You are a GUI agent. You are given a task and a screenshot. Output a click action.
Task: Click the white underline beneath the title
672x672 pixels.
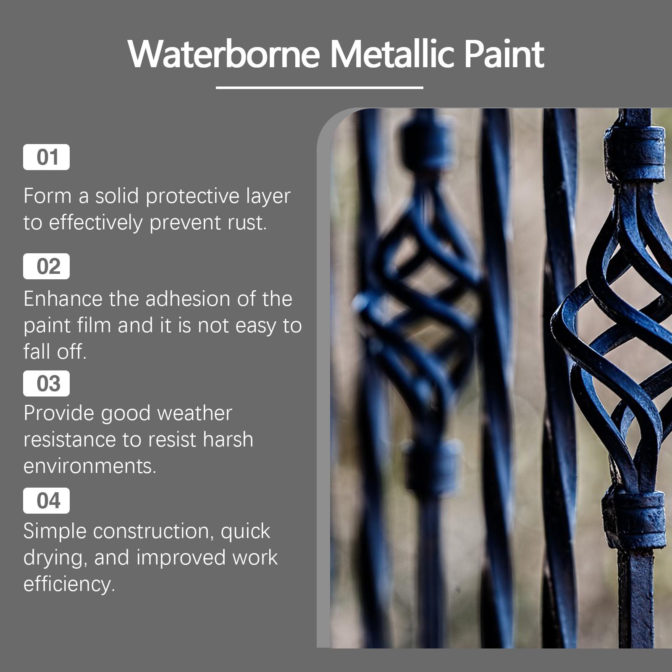(320, 88)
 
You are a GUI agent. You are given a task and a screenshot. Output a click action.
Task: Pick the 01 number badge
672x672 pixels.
(46, 157)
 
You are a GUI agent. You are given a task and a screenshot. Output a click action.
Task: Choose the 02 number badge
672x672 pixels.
(46, 266)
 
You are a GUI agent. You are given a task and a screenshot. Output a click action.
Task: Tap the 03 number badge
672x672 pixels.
(46, 383)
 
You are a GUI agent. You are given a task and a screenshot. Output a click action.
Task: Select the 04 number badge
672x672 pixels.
(46, 501)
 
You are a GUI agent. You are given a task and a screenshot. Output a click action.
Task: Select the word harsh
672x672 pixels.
(228, 439)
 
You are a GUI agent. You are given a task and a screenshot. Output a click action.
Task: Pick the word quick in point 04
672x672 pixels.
(245, 532)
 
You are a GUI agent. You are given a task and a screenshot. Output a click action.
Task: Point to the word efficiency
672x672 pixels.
(69, 584)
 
